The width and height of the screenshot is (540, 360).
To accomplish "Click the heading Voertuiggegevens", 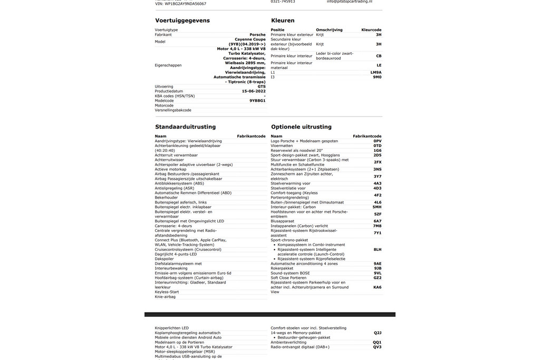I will [x=182, y=21].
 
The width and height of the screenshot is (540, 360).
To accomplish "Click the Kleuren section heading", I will [x=283, y=21].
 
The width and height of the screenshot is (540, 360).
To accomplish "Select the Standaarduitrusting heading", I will [x=185, y=127].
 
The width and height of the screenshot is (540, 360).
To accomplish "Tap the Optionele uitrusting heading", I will [x=301, y=127].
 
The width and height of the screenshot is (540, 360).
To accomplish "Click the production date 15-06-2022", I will [x=253, y=91].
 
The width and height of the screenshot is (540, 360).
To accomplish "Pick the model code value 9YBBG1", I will [x=257, y=101].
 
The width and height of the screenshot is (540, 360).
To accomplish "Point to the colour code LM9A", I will [x=375, y=72].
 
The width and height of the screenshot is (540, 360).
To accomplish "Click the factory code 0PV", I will [x=377, y=141].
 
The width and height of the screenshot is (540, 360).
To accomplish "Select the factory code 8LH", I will [x=377, y=249].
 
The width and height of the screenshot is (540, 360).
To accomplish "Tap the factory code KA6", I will [x=377, y=287].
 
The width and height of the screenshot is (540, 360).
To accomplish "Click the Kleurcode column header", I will [x=371, y=30].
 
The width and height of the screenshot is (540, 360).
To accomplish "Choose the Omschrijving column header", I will [x=329, y=30].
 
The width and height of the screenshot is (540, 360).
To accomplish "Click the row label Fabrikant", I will [x=163, y=35].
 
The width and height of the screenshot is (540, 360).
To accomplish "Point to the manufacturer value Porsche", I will [x=257, y=35].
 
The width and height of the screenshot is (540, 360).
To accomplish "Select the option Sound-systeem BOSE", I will [x=290, y=273].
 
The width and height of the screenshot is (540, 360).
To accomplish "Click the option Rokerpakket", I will [x=282, y=268].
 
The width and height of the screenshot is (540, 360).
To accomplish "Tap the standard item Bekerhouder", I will [x=166, y=198].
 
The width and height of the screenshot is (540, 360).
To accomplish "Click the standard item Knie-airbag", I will [x=165, y=297].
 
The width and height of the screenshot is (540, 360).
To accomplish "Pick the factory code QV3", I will [x=377, y=347].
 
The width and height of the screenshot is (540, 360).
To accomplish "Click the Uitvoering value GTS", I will [x=262, y=86].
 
